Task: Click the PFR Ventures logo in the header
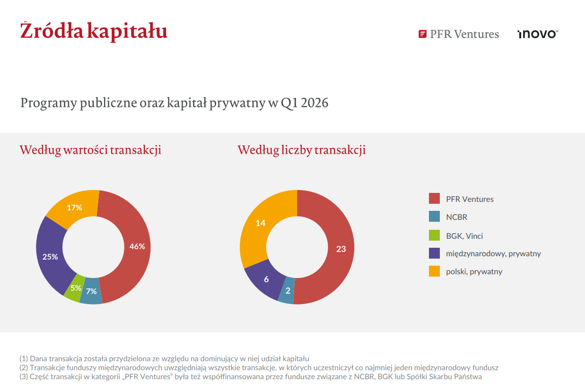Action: pyautogui.click(x=458, y=34)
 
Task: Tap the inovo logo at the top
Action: pyautogui.click(x=538, y=34)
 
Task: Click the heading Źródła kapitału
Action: pyautogui.click(x=94, y=31)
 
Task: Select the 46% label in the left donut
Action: pyautogui.click(x=137, y=246)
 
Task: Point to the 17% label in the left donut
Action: pyautogui.click(x=74, y=208)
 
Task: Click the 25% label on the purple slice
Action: pyautogui.click(x=50, y=257)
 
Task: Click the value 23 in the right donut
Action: pyautogui.click(x=341, y=249)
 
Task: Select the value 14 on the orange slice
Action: pyautogui.click(x=261, y=223)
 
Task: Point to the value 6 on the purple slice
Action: pyautogui.click(x=266, y=279)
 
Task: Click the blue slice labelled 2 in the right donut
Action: pyautogui.click(x=288, y=291)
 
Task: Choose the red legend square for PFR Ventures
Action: pyautogui.click(x=434, y=199)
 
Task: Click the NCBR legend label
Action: pyautogui.click(x=456, y=217)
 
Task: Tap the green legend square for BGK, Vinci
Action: pyautogui.click(x=434, y=235)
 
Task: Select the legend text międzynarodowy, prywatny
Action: pyautogui.click(x=493, y=253)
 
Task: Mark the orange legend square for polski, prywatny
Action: pyautogui.click(x=434, y=271)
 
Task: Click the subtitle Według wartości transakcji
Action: pyautogui.click(x=90, y=150)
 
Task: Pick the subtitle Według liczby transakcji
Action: pyautogui.click(x=301, y=150)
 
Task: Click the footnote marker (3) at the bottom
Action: pyautogui.click(x=24, y=377)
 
